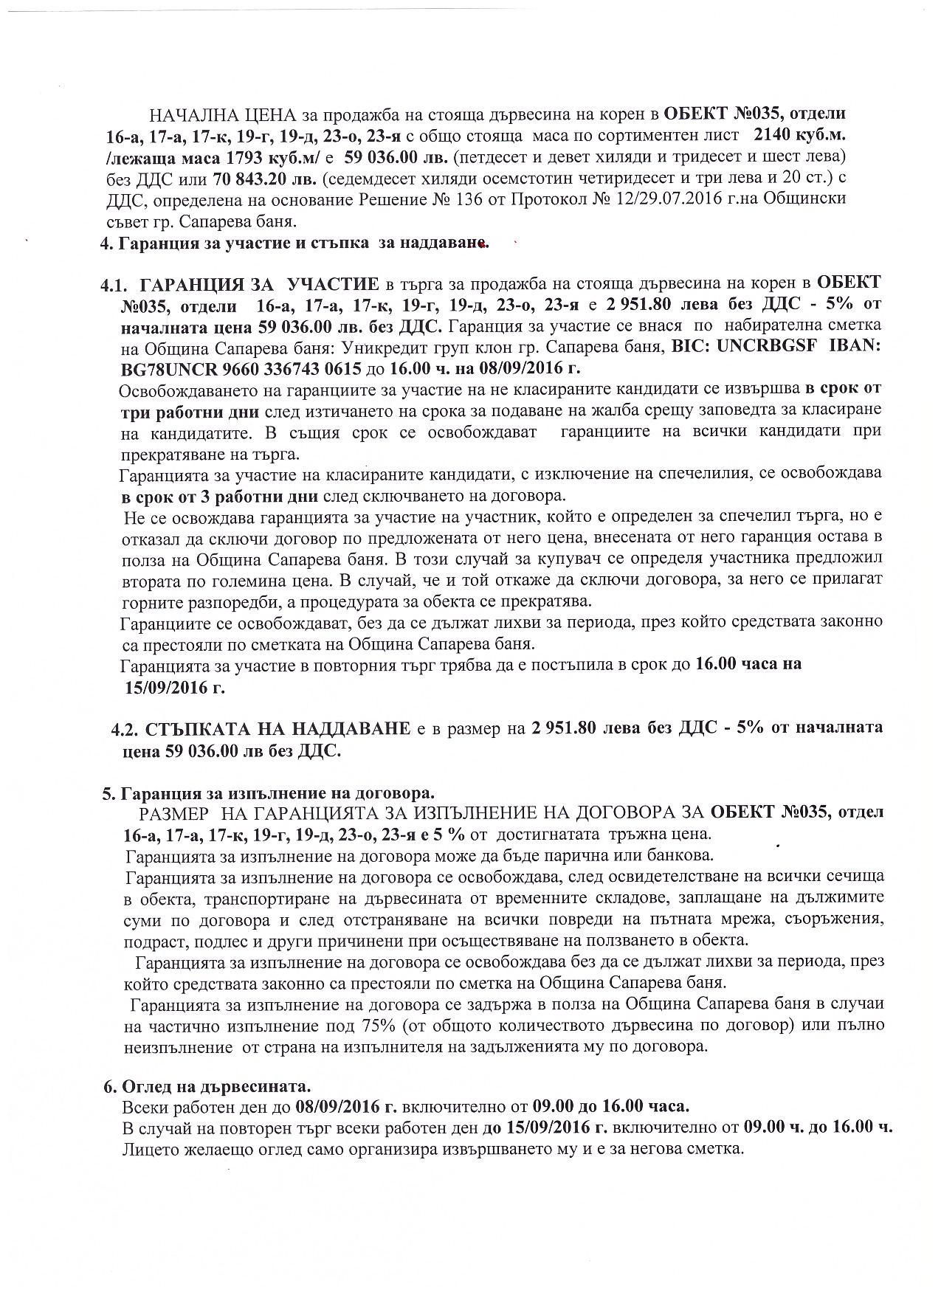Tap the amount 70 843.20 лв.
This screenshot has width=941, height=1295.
264,179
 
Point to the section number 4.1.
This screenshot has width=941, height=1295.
116,284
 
